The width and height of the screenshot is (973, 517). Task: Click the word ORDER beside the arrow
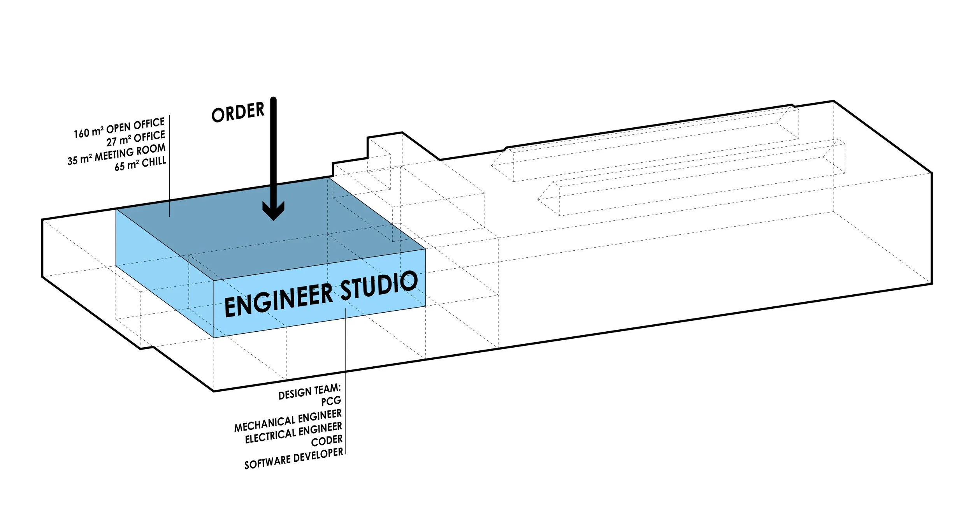[238, 112]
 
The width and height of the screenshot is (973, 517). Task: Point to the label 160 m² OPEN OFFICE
[119, 128]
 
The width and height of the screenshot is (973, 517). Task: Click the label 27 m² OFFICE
[136, 139]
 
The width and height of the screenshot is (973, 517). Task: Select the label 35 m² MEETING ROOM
[116, 154]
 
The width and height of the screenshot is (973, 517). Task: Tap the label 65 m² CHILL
[140, 164]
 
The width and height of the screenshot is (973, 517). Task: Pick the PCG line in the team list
[331, 401]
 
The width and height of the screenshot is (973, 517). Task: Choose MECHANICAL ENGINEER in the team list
[288, 420]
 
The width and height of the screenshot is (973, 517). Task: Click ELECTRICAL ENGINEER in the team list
[293, 433]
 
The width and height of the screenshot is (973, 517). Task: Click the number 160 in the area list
[82, 133]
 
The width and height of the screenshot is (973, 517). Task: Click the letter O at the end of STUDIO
[409, 281]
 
